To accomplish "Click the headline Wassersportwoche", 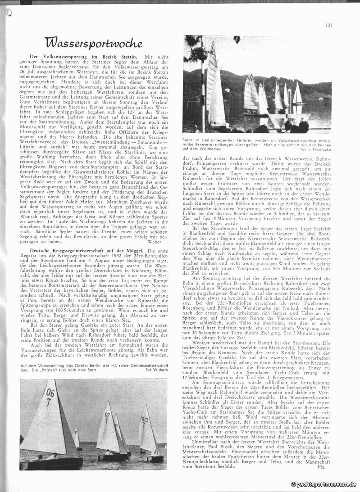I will (95, 43).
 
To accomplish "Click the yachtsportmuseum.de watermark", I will (324, 484).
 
